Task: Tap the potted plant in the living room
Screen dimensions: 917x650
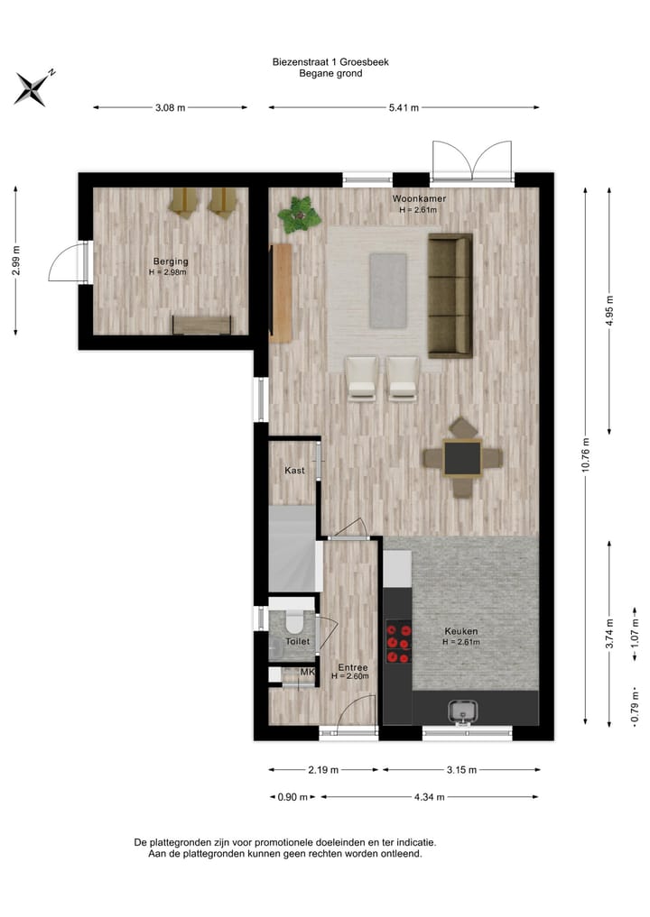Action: pyautogui.click(x=299, y=215)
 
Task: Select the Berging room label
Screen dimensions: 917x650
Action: pyautogui.click(x=170, y=261)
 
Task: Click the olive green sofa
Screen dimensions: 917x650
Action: pyautogui.click(x=450, y=294)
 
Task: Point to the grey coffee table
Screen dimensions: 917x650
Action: pyautogui.click(x=387, y=290)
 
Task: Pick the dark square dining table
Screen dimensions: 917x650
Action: pyautogui.click(x=462, y=458)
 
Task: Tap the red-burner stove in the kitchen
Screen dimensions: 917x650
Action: pyautogui.click(x=398, y=643)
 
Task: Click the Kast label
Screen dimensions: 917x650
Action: pyautogui.click(x=294, y=471)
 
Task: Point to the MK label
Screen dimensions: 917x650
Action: pyautogui.click(x=307, y=672)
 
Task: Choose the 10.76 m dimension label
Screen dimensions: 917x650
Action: pyautogui.click(x=587, y=455)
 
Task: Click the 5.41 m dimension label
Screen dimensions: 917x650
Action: pyautogui.click(x=403, y=108)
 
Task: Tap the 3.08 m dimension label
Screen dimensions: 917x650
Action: pyautogui.click(x=170, y=108)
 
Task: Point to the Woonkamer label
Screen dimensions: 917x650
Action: pyautogui.click(x=419, y=198)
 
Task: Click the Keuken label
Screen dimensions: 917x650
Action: pyautogui.click(x=461, y=631)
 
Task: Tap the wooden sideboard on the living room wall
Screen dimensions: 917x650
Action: pyautogui.click(x=281, y=293)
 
